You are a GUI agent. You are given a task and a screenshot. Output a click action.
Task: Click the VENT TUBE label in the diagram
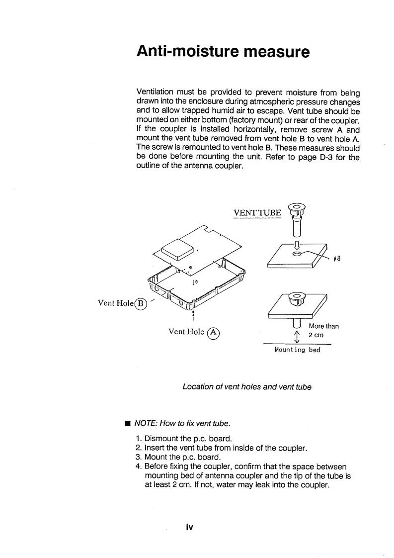coord(257,213)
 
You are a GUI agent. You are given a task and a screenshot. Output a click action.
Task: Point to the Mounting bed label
coord(298,350)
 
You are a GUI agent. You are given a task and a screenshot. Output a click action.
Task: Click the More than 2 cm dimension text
coord(323,330)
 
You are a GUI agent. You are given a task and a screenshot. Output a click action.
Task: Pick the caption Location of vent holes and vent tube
coord(247,386)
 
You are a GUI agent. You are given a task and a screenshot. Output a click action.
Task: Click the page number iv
coord(189,527)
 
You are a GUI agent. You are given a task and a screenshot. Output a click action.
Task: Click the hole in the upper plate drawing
coord(297,254)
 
